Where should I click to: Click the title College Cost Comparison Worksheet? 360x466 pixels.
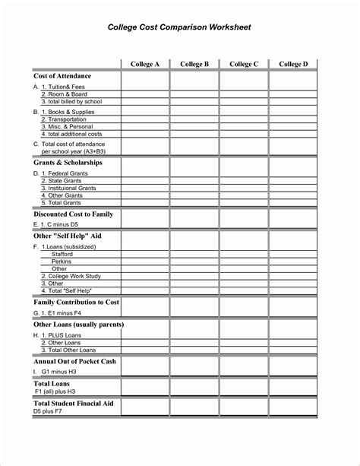(x=179, y=27)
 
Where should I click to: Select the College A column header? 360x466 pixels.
(x=145, y=65)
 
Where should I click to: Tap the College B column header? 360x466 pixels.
(x=194, y=65)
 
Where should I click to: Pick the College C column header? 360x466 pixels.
(x=244, y=65)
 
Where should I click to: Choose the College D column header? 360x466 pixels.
(x=293, y=65)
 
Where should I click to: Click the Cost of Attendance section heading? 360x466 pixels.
(x=62, y=76)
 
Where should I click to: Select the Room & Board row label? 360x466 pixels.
(x=64, y=94)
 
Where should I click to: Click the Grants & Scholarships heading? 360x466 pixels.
(x=68, y=163)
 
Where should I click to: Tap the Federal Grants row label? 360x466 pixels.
(x=67, y=174)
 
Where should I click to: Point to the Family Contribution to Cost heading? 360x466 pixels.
(x=77, y=302)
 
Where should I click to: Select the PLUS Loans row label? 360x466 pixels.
(x=65, y=335)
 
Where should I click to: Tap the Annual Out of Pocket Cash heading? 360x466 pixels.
(x=74, y=361)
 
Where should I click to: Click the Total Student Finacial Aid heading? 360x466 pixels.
(x=74, y=404)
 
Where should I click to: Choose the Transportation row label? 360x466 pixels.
(x=68, y=119)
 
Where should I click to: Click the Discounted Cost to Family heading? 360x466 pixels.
(x=73, y=214)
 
